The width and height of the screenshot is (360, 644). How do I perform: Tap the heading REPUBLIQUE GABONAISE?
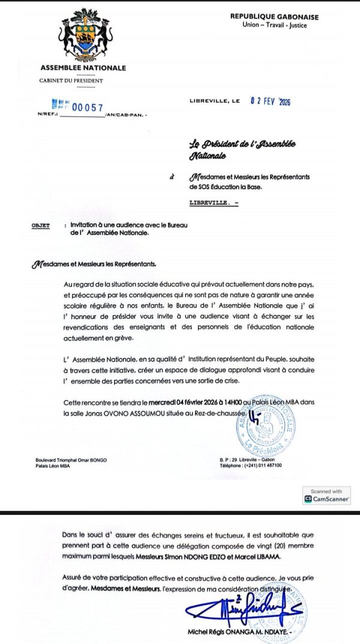274,17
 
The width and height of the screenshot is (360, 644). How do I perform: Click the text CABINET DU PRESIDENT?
71,80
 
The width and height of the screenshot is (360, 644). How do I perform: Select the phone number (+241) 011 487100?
260,465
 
